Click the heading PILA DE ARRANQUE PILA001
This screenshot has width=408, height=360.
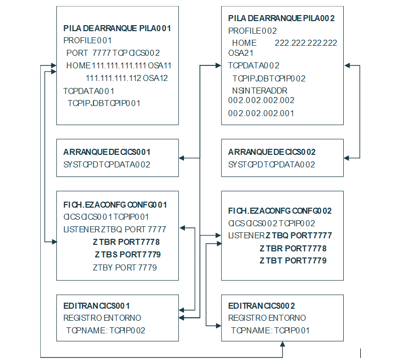(x=117, y=28)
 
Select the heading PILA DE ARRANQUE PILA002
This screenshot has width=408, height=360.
(x=281, y=19)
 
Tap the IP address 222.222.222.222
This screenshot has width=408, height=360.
(x=306, y=43)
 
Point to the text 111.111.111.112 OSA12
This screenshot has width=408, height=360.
(x=127, y=78)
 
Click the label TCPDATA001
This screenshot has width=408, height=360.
(x=89, y=91)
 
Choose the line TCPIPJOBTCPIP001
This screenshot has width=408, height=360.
(x=104, y=103)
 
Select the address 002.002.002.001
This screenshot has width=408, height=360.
(x=261, y=113)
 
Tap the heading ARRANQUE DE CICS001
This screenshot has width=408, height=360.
(x=107, y=152)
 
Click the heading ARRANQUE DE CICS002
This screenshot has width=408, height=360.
(x=272, y=152)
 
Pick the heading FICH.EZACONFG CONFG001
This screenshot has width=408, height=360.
(x=115, y=205)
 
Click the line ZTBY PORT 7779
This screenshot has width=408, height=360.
(x=125, y=267)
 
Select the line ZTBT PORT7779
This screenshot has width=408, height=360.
(x=293, y=260)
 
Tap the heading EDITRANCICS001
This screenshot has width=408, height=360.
(x=97, y=306)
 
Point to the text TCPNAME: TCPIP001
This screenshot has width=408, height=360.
(x=270, y=330)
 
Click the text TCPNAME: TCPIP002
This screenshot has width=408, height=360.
(x=106, y=330)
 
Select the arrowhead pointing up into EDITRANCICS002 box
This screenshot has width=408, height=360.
(x=283, y=344)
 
